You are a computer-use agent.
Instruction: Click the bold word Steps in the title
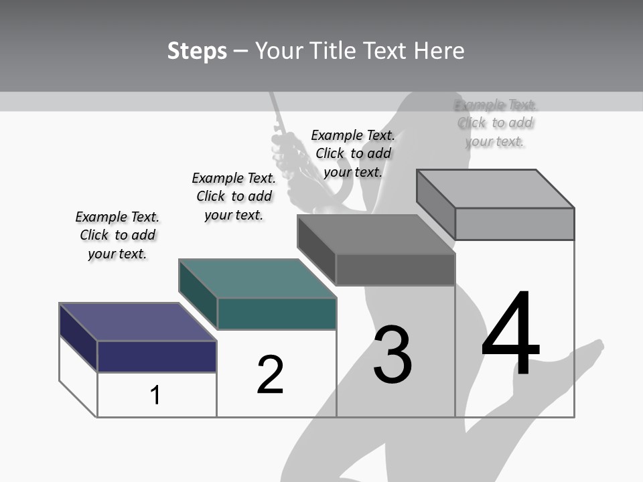[197, 51]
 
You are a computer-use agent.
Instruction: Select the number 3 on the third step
[392, 355]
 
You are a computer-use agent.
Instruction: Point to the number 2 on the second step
[270, 374]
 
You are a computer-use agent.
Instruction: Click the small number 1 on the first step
[155, 395]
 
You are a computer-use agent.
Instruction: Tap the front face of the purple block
[157, 356]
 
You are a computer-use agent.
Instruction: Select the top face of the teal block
[257, 278]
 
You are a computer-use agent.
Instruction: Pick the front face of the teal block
[277, 313]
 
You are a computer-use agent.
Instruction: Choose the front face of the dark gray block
[395, 269]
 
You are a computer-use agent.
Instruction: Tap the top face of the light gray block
[496, 188]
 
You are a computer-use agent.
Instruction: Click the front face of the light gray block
[514, 224]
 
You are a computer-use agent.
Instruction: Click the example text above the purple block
[117, 235]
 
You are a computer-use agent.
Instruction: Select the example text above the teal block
[234, 196]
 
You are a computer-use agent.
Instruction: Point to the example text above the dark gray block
[353, 153]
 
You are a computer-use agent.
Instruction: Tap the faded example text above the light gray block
[496, 123]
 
